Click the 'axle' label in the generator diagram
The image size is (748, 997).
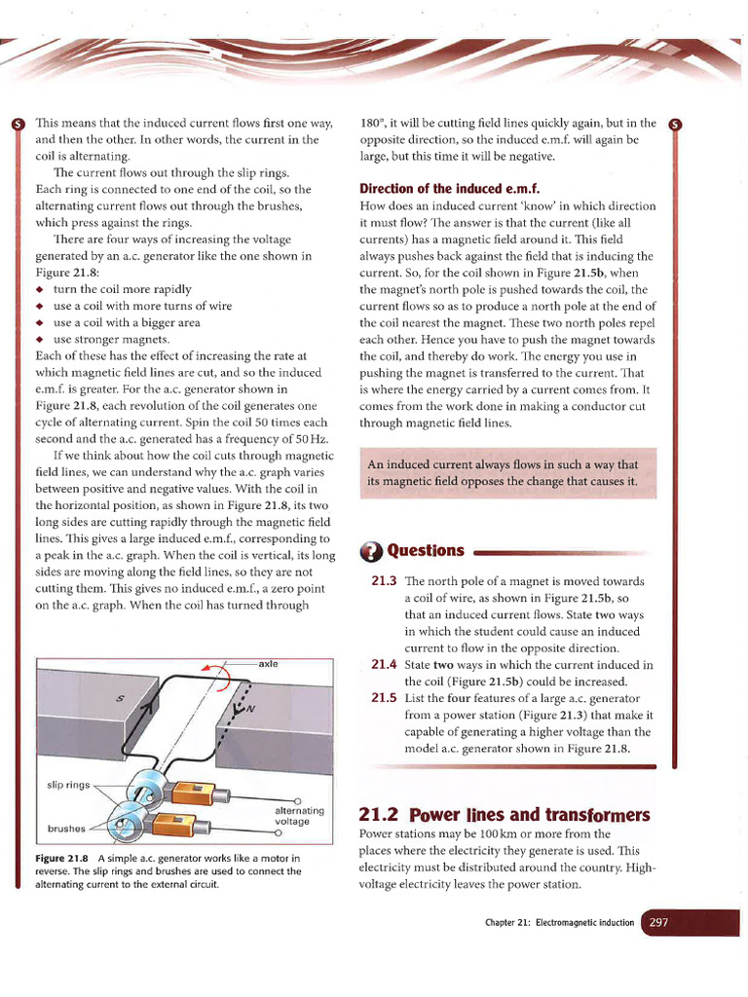269,663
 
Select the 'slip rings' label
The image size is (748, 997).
67,784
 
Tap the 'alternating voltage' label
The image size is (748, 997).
293,816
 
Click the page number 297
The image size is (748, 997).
658,922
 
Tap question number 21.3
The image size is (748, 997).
384,581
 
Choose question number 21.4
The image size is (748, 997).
384,664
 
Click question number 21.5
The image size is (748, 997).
384,697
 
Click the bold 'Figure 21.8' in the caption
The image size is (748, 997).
62,858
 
